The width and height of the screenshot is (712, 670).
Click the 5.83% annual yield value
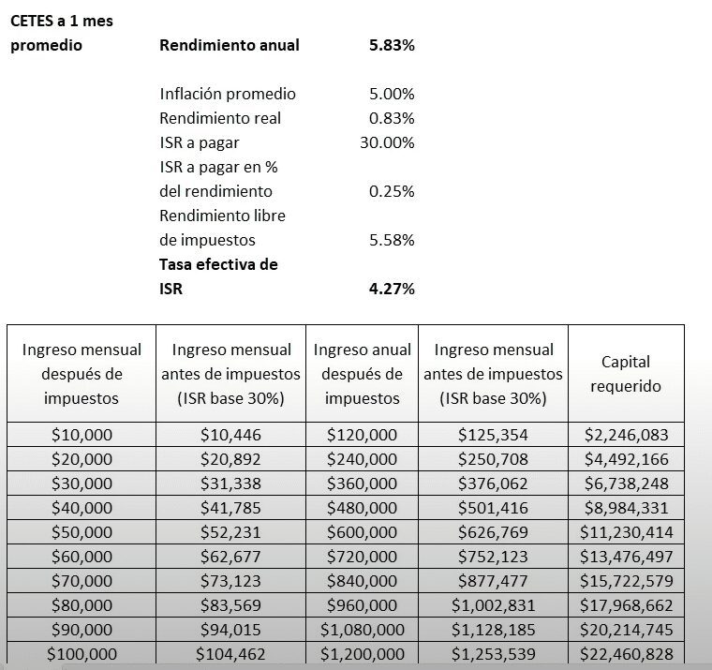coord(392,45)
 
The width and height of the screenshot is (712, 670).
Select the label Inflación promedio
coord(228,94)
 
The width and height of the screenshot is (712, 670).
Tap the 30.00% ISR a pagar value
coord(387,142)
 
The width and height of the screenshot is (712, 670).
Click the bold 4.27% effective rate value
coord(392,289)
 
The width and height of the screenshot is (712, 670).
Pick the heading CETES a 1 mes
coord(61,21)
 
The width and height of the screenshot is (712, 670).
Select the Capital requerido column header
coord(626,374)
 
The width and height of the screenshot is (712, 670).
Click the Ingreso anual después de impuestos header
coord(362,374)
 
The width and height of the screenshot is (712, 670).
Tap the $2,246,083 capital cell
coord(626,435)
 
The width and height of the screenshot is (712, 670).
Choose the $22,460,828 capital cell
coord(626,654)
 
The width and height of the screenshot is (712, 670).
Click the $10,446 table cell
coord(230,435)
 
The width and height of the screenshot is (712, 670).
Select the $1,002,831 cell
coord(493,605)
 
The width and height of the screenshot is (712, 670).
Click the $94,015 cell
coord(230,630)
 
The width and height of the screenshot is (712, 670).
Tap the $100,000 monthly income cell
coord(82,654)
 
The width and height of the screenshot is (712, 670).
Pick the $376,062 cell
coord(493,484)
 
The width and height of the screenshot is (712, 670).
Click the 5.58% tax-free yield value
coord(392,240)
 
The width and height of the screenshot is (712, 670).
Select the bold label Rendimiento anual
coord(230,45)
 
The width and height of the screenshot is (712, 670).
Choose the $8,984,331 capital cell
coord(626,508)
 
